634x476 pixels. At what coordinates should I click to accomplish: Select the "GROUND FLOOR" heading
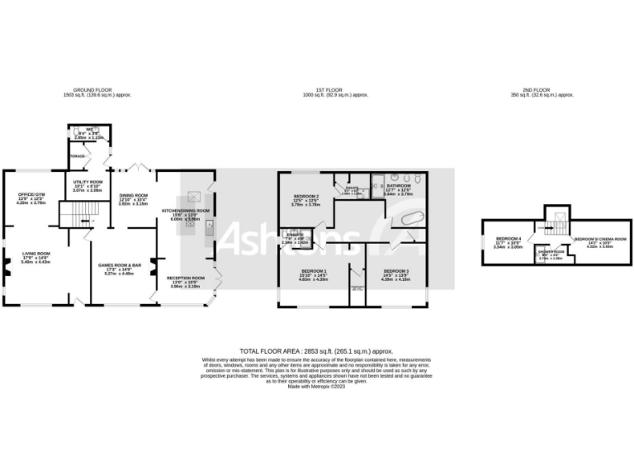pos(97,92)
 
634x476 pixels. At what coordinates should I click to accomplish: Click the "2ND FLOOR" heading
pos(542,92)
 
